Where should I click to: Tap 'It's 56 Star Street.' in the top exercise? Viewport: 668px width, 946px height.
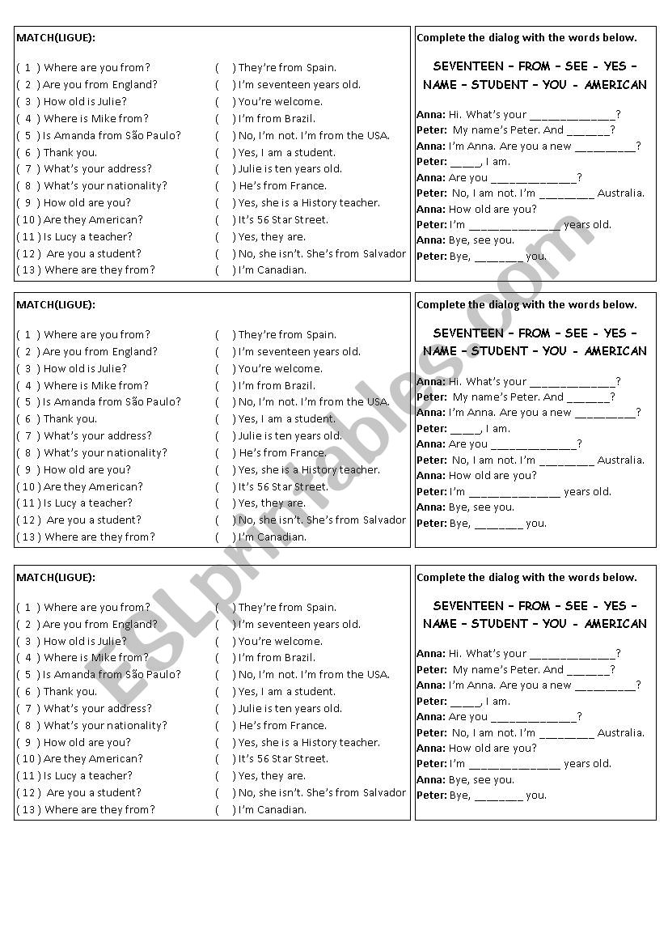click(x=283, y=219)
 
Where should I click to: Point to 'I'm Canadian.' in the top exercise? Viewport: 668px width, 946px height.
click(x=272, y=270)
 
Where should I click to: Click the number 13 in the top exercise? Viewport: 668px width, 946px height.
click(x=27, y=270)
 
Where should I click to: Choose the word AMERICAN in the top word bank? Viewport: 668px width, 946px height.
click(x=615, y=85)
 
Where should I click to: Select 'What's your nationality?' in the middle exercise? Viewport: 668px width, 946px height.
click(x=105, y=452)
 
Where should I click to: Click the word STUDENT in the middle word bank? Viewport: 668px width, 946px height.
click(x=500, y=351)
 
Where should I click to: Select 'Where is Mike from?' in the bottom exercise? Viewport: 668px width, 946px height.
click(x=96, y=658)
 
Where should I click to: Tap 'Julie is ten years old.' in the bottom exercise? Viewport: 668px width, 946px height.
click(x=290, y=708)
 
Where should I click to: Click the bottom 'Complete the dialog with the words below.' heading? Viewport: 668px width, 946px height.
click(x=526, y=577)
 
